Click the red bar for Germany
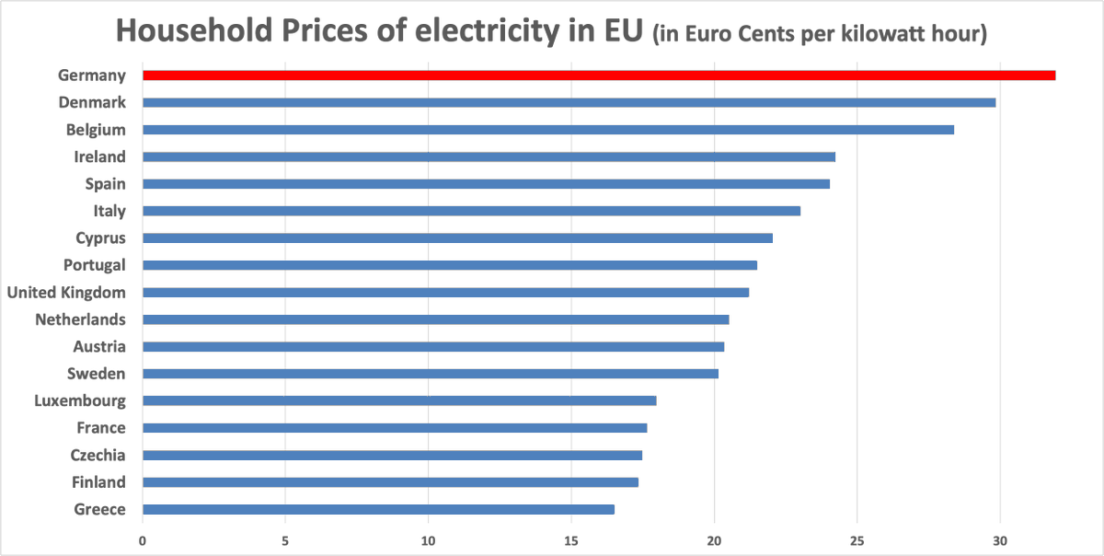coord(598,75)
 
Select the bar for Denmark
coord(569,102)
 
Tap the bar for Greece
coord(378,509)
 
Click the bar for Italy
coord(471,211)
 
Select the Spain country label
coord(105,184)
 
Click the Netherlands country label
coord(80,319)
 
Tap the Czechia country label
coord(98,455)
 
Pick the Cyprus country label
coord(100,238)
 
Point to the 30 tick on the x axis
coord(1000,540)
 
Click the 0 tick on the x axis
coord(143,540)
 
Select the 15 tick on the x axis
coord(571,540)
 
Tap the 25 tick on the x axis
coord(857,540)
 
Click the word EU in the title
coord(616,31)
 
